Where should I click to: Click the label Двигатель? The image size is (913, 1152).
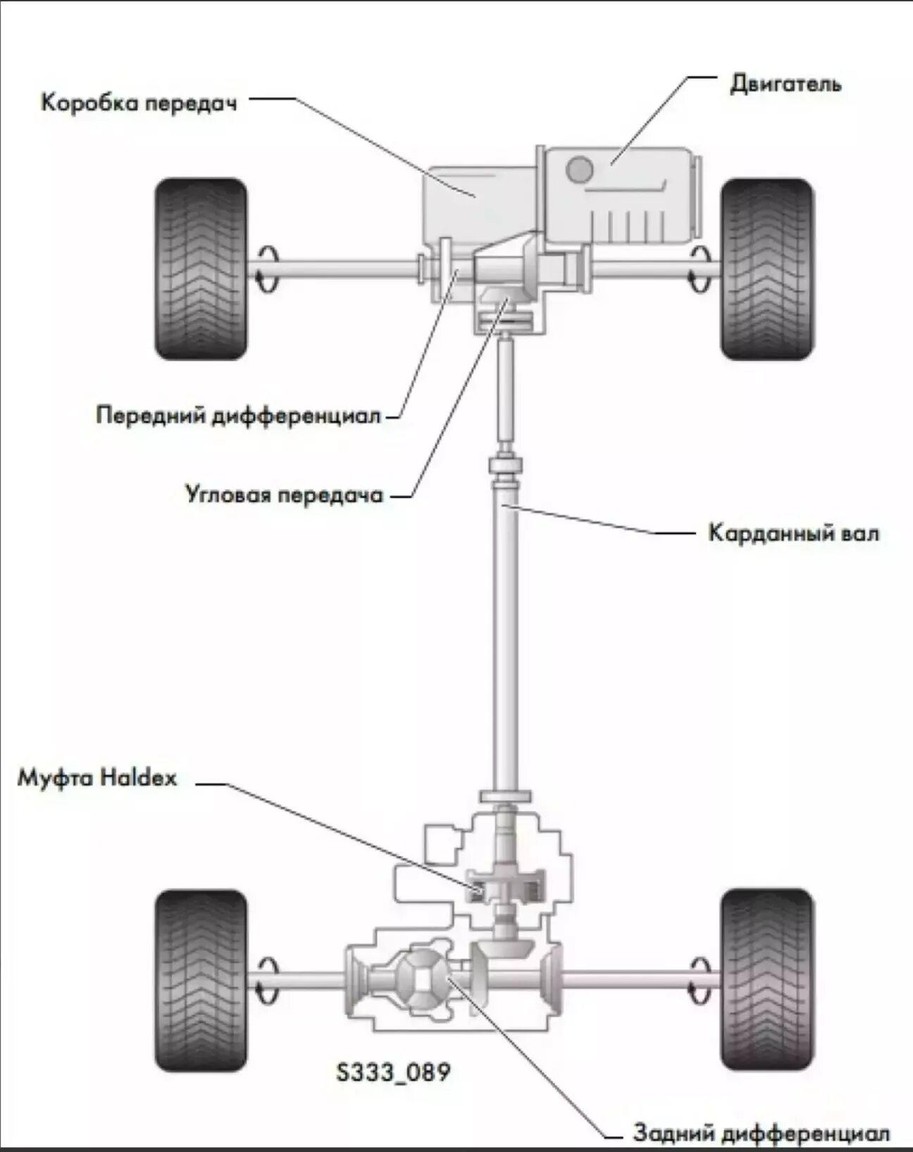785,85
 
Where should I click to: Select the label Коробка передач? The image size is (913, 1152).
139,103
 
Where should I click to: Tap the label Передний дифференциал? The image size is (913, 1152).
238,415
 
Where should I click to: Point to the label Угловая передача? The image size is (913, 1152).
285,495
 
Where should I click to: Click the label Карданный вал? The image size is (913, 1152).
793,533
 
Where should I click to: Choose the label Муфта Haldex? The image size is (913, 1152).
97,779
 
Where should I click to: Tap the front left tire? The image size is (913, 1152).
201,268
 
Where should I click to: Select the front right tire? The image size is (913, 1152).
766,268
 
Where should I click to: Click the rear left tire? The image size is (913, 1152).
201,980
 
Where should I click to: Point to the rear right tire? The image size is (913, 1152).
766,980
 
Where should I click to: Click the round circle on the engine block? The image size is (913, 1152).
580,168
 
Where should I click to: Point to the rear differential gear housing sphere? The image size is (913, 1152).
421,977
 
